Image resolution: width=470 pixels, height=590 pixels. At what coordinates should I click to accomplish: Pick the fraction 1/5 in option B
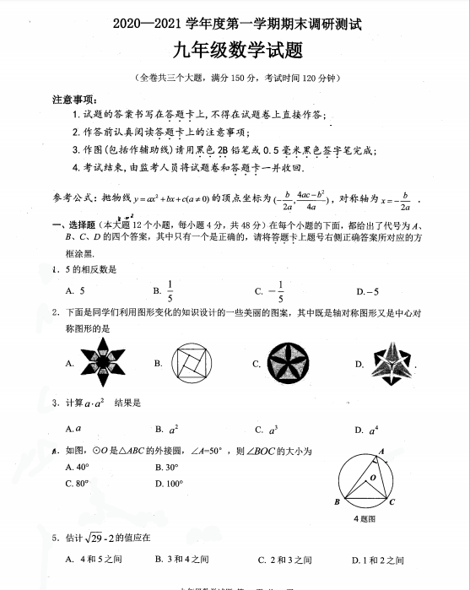[x=170, y=290]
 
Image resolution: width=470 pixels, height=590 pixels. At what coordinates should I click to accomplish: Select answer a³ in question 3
[x=272, y=430]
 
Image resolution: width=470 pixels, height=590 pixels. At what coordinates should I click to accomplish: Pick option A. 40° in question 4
[x=77, y=467]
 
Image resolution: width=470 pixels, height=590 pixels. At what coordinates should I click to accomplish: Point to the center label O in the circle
[x=371, y=477]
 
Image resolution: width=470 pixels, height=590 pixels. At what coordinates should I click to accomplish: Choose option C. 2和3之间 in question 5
[x=284, y=560]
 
